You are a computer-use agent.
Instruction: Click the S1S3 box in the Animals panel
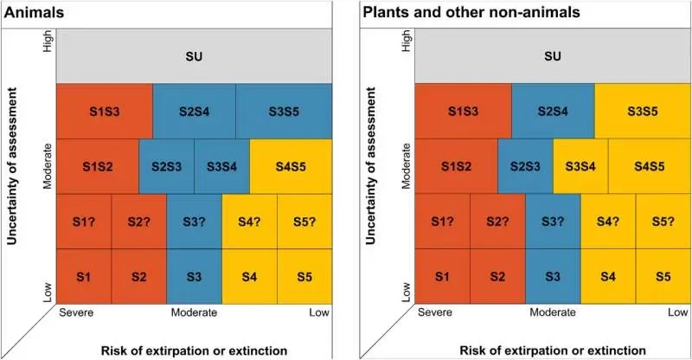pyautogui.click(x=104, y=111)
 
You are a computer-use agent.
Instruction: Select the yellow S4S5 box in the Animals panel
pyautogui.click(x=291, y=165)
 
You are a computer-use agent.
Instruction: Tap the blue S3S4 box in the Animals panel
pyautogui.click(x=221, y=165)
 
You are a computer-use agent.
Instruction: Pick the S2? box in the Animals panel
pyautogui.click(x=138, y=221)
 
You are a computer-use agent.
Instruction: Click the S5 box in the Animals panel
pyautogui.click(x=304, y=276)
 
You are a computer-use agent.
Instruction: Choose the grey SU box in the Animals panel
pyautogui.click(x=194, y=56)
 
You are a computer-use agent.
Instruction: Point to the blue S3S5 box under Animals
pyautogui.click(x=284, y=111)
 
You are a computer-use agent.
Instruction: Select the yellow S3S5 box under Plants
pyautogui.click(x=643, y=111)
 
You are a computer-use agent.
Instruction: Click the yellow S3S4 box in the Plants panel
pyautogui.click(x=580, y=165)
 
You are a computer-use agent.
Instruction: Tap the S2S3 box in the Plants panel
pyautogui.click(x=525, y=165)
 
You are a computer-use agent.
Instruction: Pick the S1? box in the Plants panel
pyautogui.click(x=442, y=221)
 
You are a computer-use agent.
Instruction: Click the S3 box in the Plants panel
pyautogui.click(x=553, y=276)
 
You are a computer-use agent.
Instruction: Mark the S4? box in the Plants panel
pyautogui.click(x=608, y=221)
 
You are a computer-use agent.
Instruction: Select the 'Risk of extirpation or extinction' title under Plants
pyautogui.click(x=553, y=350)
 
